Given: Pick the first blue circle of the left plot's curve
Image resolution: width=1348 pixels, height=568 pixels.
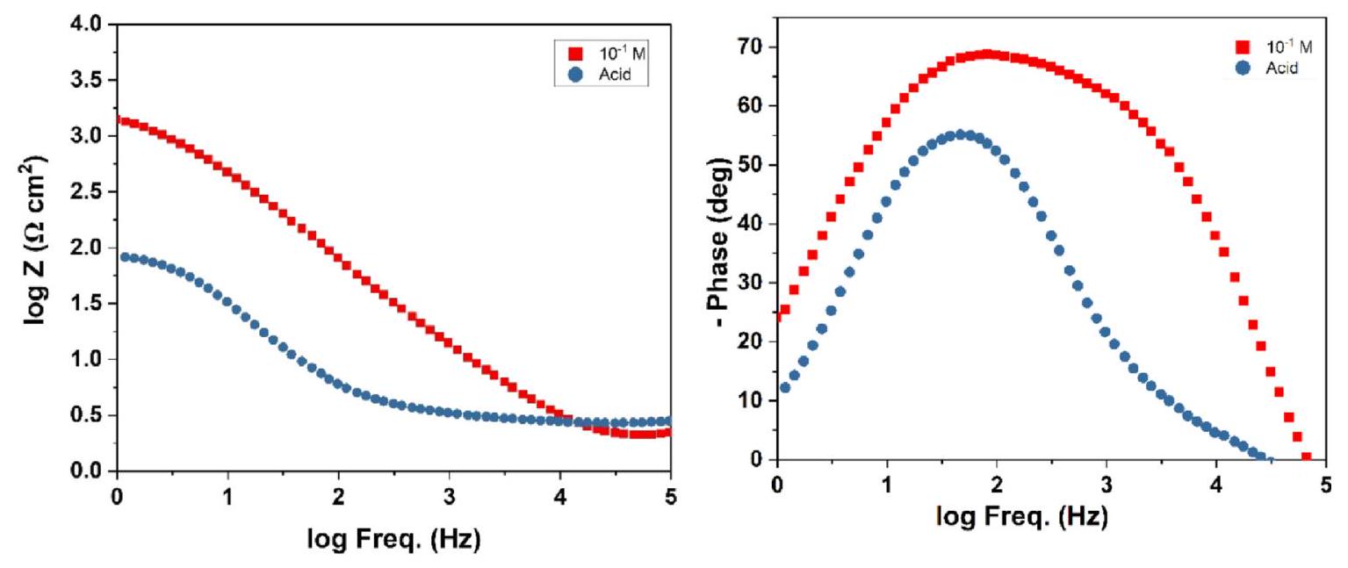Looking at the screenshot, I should click(124, 257).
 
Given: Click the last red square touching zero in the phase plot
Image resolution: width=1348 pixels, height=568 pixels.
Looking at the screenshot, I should click(1306, 457).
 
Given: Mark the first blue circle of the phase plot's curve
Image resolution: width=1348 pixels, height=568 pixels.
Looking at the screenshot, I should click(785, 387).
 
